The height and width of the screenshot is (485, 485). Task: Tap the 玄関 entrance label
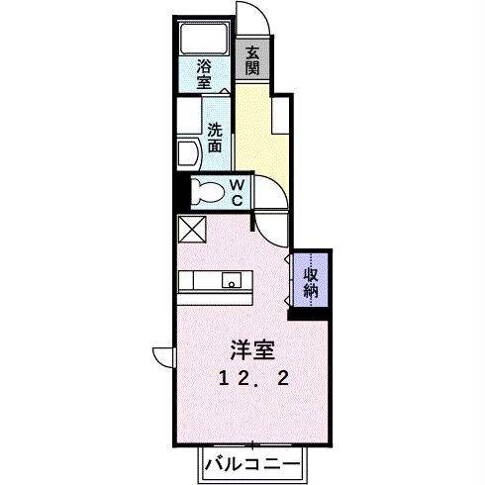[x=252, y=61]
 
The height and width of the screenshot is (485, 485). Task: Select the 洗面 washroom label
[x=215, y=138]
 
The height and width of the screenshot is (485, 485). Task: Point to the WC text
[x=238, y=191]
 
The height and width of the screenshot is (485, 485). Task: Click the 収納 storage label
[x=311, y=281]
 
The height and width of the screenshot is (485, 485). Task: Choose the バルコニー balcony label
[x=252, y=462]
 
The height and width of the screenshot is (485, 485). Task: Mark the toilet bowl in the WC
[x=207, y=191]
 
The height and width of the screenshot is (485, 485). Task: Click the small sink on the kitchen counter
[x=234, y=284]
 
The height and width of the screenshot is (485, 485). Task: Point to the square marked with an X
[x=190, y=231]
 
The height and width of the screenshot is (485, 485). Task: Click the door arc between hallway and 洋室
[x=271, y=226]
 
